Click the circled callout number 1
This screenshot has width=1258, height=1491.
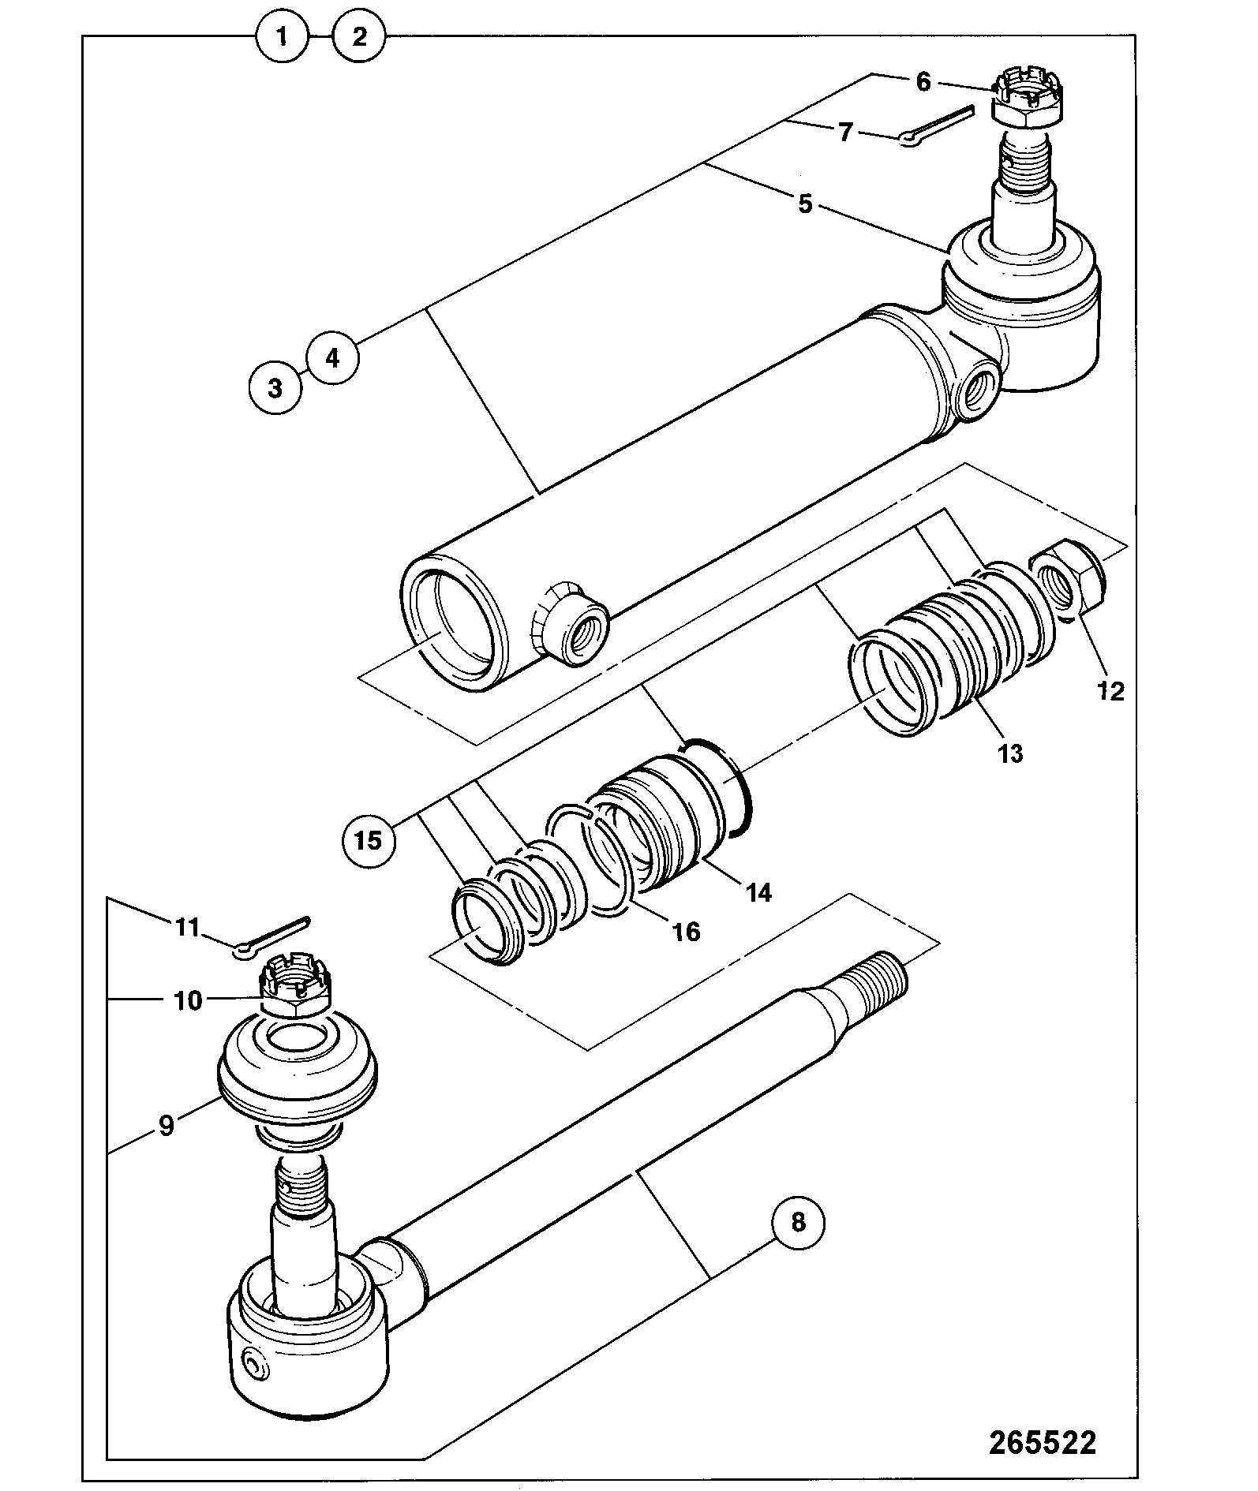pos(283,36)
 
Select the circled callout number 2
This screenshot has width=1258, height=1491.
pos(359,36)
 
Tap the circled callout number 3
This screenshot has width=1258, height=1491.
pos(275,388)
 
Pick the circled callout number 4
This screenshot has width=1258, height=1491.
pos(332,358)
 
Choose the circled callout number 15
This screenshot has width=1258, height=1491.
pos(369,840)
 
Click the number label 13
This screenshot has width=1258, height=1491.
pos(1010,753)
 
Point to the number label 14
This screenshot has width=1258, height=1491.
pos(758,892)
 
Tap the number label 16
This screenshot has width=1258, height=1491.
pos(686,932)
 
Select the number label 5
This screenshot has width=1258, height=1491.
pos(804,204)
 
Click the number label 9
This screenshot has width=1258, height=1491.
pos(166,1125)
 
